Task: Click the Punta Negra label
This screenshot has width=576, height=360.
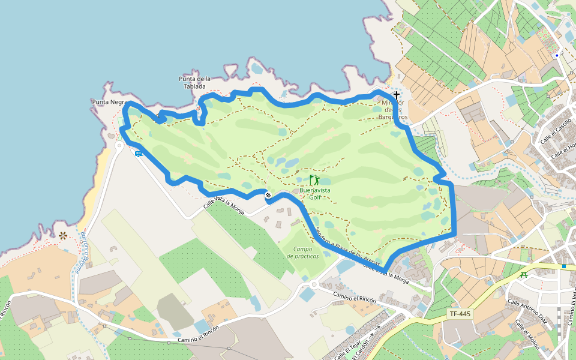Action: [x=110, y=102]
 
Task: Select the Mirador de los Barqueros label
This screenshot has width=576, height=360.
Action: [x=395, y=110]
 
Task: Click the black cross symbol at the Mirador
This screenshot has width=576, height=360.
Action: [x=396, y=95]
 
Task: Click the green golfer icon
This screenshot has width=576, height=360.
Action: [x=314, y=179]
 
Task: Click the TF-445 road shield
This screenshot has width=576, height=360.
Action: [x=460, y=314]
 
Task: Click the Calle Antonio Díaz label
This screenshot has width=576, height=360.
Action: [x=528, y=311]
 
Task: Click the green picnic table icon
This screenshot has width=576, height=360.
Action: [x=524, y=275]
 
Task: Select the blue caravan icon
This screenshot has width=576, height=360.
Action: [x=139, y=154]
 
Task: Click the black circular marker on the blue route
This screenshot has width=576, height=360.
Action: [x=268, y=195]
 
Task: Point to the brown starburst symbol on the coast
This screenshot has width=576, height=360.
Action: [x=62, y=236]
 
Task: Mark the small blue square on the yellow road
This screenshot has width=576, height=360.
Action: [x=565, y=265]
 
